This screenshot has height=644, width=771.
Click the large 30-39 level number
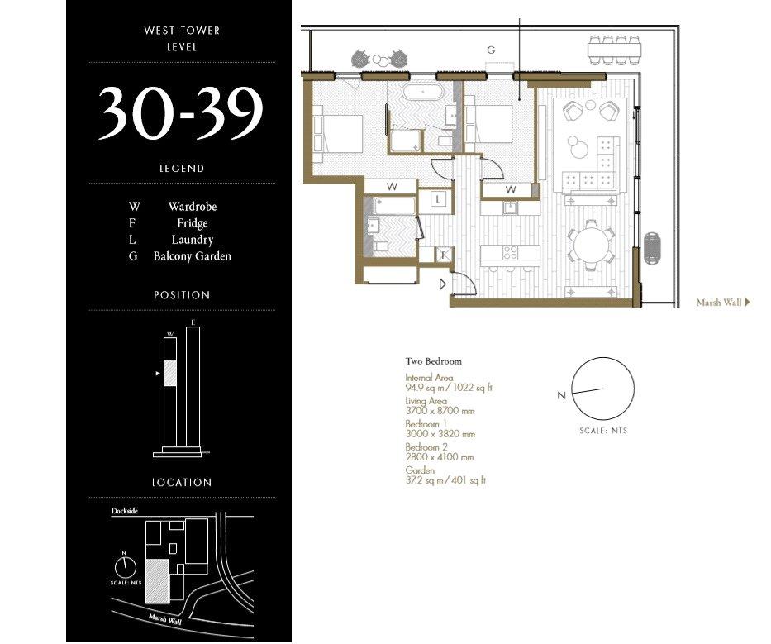click(x=181, y=113)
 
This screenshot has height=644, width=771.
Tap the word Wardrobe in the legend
click(x=193, y=207)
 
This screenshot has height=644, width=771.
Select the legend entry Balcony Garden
click(x=193, y=256)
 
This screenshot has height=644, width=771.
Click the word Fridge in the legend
click(x=193, y=223)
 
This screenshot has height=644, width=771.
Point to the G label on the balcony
click(x=491, y=50)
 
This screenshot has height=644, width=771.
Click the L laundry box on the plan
click(x=438, y=199)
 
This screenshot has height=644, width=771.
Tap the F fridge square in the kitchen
click(x=444, y=255)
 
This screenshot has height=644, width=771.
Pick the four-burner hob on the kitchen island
click(x=510, y=252)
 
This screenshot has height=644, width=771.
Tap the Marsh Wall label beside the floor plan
click(x=719, y=303)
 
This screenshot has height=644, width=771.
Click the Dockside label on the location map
click(x=125, y=511)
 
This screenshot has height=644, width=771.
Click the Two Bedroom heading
click(x=434, y=361)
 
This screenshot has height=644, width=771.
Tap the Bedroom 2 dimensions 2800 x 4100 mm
click(x=440, y=457)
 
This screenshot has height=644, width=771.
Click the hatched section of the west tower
click(x=170, y=374)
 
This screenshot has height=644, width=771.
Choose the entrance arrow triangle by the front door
click(x=443, y=284)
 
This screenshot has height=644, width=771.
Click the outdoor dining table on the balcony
click(x=615, y=50)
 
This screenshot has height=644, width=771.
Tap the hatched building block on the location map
click(x=157, y=581)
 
